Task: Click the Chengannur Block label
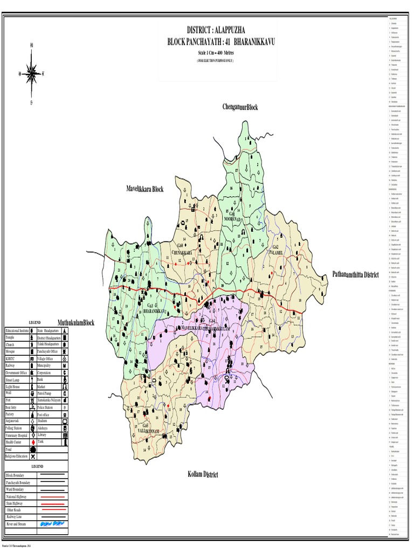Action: tap(240, 107)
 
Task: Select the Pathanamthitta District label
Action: tap(355, 274)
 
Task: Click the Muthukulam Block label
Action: tap(76, 322)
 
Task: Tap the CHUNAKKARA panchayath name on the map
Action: tap(167, 251)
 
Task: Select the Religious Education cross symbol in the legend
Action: tap(33, 456)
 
